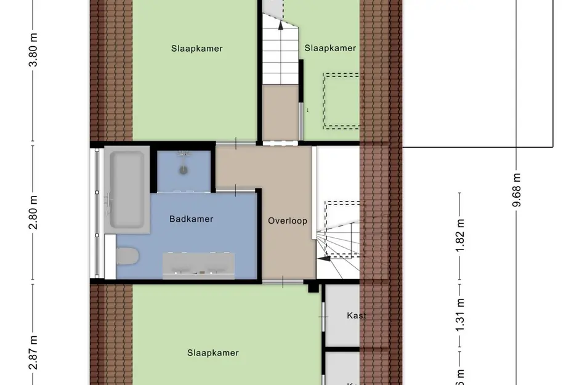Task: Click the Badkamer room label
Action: click(191, 219)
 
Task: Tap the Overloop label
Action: click(288, 221)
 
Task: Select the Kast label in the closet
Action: click(356, 315)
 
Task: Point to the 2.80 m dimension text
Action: click(34, 212)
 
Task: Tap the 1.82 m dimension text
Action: click(459, 234)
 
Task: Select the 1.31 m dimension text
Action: click(459, 320)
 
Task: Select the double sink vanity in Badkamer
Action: click(198, 265)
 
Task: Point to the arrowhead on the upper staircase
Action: click(281, 25)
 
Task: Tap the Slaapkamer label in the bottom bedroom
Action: click(213, 353)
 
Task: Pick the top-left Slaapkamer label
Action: click(197, 49)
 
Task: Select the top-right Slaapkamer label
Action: click(330, 48)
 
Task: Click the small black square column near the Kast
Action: click(313, 286)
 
